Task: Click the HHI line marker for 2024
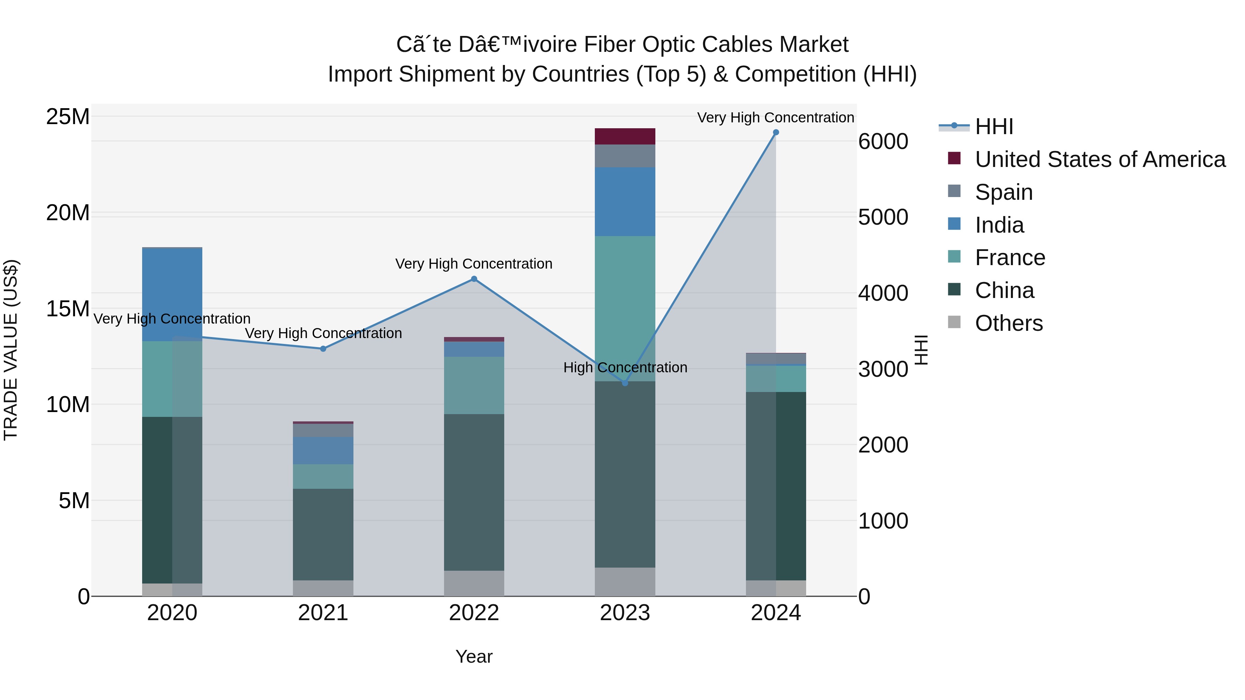click(776, 132)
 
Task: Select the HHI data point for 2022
click(474, 279)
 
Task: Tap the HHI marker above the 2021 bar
click(323, 348)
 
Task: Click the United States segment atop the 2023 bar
click(625, 136)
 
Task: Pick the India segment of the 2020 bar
click(172, 295)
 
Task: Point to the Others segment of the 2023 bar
click(625, 582)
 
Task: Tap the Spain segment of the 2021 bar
click(323, 430)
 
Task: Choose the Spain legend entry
click(1003, 192)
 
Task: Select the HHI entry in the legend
click(994, 127)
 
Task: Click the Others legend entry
click(1009, 323)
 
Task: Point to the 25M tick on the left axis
click(68, 117)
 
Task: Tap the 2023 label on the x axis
click(625, 613)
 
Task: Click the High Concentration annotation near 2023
click(625, 368)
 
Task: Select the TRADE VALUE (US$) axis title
click(11, 350)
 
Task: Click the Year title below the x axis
click(474, 656)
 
